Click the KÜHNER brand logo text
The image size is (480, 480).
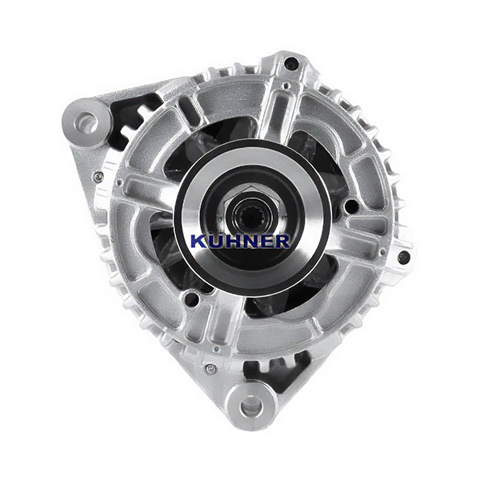(x=240, y=240)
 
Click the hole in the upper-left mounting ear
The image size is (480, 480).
(x=86, y=122)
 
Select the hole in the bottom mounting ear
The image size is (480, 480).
(x=251, y=407)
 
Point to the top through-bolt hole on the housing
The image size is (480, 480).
(x=290, y=64)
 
